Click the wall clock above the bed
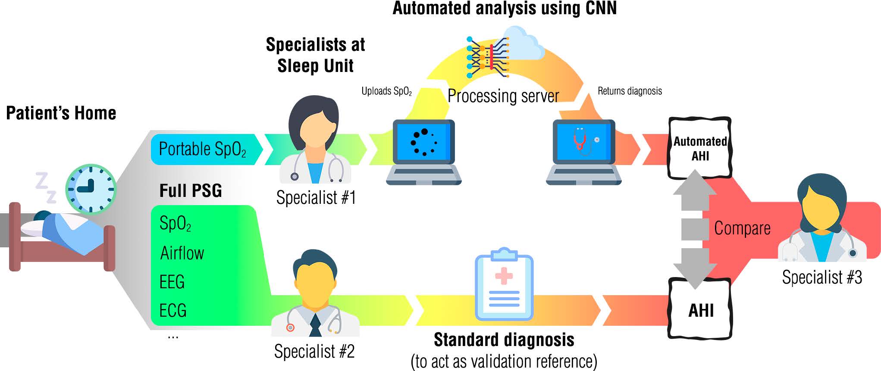tap(91, 189)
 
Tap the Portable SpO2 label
tap(202, 149)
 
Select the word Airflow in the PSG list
tap(182, 253)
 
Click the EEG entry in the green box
tap(172, 282)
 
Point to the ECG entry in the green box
tap(173, 310)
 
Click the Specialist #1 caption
tap(316, 198)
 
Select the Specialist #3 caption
tap(822, 277)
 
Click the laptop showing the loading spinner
tap(424, 151)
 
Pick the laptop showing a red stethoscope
tap(583, 151)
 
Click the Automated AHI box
tap(700, 148)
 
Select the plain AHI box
tap(701, 310)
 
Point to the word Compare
tap(742, 228)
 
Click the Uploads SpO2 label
tap(386, 91)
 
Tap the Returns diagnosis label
tap(630, 91)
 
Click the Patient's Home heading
tap(61, 113)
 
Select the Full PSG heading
tap(191, 190)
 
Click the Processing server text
tap(503, 96)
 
